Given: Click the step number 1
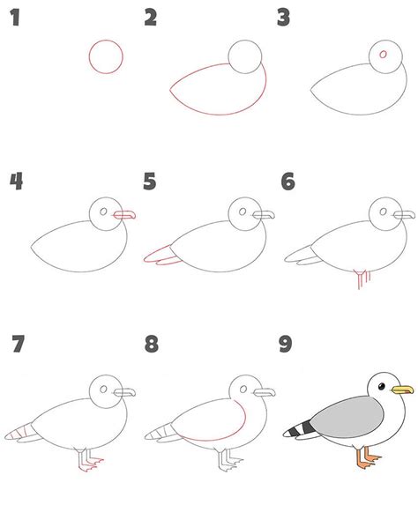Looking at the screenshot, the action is tap(15, 18).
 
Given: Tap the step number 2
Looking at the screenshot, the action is tap(151, 18).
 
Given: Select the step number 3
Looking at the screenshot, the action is tap(284, 18).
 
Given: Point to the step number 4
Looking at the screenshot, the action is tap(16, 181).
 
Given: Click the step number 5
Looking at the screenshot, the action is tap(150, 181).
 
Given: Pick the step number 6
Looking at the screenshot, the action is tap(287, 181).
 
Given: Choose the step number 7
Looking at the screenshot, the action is tap(18, 344).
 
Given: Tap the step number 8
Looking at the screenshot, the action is tap(152, 344).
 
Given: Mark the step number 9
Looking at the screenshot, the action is tap(286, 344).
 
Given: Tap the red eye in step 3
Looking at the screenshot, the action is tap(383, 54).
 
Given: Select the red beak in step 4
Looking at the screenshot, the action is tap(124, 215).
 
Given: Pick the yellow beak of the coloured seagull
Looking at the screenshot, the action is tap(402, 390).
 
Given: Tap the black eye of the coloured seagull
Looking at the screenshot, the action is tap(382, 386).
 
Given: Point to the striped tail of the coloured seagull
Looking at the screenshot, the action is tap(299, 429).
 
